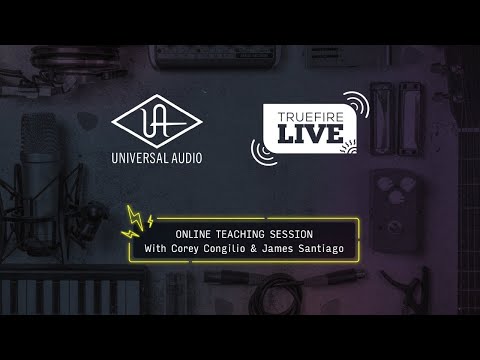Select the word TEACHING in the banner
(242, 232)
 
